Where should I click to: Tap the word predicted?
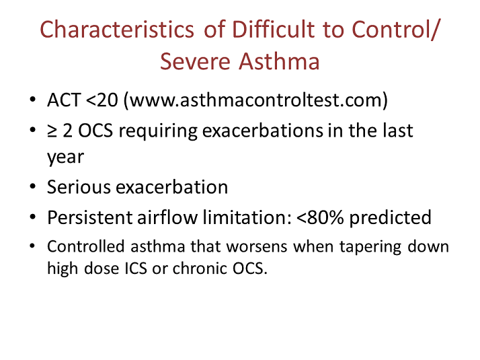397,217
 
